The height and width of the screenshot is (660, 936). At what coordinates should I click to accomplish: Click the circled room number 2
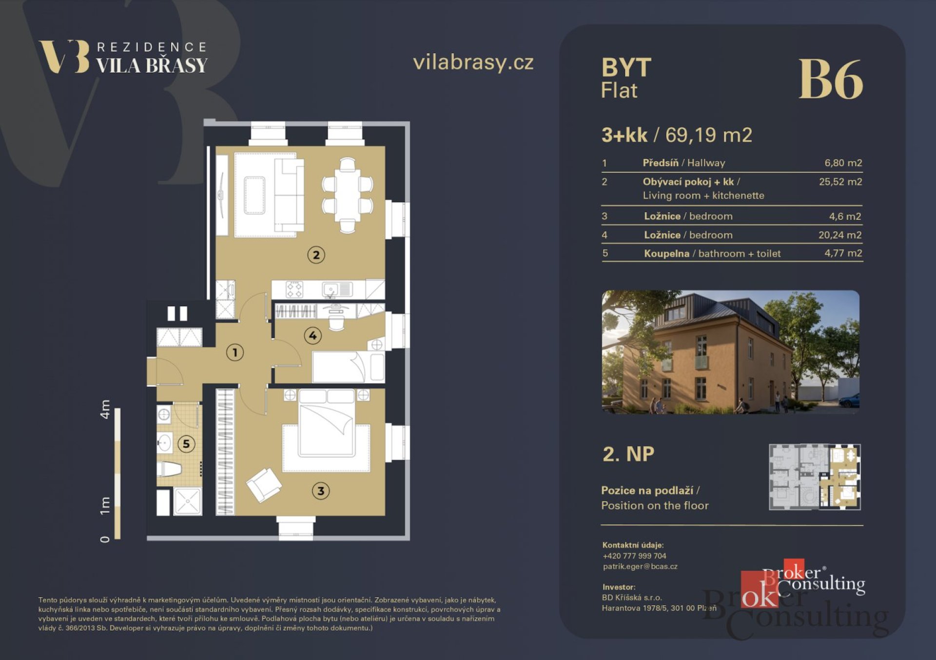pos(316,254)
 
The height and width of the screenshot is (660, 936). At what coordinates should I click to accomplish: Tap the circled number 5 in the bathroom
pos(186,444)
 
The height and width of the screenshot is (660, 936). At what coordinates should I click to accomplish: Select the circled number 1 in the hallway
pos(235,352)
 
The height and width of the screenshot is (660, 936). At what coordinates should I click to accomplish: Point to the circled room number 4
pos(312,335)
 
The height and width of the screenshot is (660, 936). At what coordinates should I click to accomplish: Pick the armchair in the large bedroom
pos(264,485)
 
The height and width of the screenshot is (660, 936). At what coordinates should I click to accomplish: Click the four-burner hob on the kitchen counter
pos(294,290)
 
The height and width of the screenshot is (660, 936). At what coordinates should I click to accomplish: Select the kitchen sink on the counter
pos(331,290)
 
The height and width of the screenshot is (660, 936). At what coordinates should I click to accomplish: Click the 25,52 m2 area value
pos(840,182)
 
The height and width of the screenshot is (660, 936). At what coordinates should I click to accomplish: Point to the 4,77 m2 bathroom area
pos(843,253)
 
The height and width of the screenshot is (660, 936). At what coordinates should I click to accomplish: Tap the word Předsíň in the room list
pos(661,163)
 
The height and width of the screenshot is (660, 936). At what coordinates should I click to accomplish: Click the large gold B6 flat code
pos(831,79)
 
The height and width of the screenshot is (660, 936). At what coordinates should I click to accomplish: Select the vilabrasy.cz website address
pos(473,62)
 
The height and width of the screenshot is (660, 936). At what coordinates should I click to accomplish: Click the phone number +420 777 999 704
pos(634,556)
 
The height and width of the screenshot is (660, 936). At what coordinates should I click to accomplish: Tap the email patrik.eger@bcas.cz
pos(640,566)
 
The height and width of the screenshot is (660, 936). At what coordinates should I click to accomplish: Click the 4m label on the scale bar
pos(105,409)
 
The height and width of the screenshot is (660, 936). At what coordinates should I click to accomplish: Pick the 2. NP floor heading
pos(628,454)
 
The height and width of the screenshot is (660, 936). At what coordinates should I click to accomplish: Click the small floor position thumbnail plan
pos(815,477)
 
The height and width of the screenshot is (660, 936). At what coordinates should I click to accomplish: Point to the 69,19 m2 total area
pos(708,135)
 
